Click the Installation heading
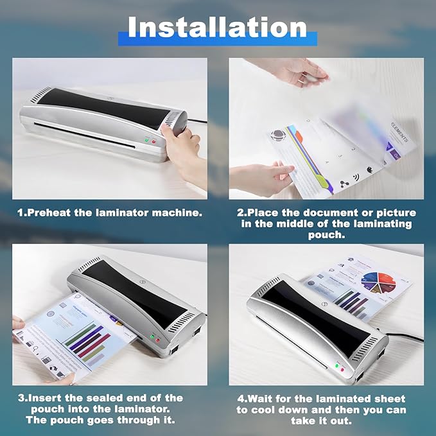[217, 28]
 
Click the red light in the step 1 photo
[153, 141]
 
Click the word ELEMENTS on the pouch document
[397, 128]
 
